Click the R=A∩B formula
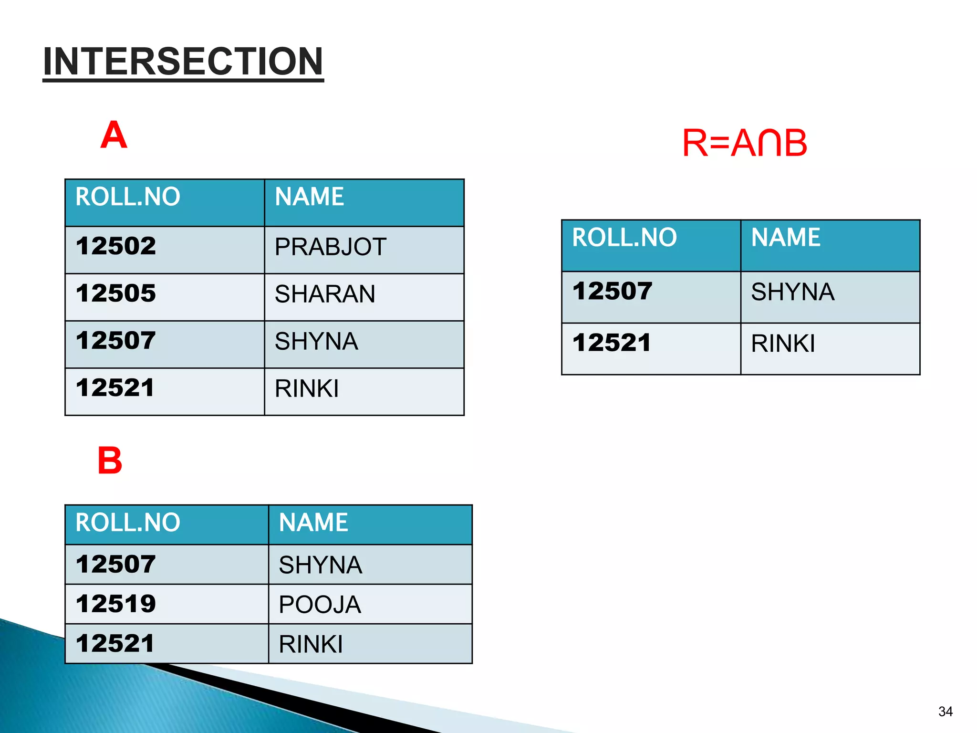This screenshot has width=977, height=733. point(744,143)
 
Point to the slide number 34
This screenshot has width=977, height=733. point(945,712)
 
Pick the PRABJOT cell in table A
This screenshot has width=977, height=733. point(330,247)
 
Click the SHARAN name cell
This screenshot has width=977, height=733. point(325,294)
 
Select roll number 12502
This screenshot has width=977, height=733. point(116,246)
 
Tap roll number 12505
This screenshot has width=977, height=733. point(116,293)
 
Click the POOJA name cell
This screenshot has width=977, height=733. point(320,605)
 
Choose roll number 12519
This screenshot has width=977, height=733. point(116,604)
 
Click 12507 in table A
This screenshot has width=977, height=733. point(116,340)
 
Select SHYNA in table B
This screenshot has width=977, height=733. point(320,565)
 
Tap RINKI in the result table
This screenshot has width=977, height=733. point(783,344)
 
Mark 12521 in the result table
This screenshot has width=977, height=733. point(612,343)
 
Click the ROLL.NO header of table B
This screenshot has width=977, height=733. point(128,523)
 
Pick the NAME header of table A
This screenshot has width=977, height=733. point(309,197)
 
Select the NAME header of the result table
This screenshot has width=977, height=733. point(786,237)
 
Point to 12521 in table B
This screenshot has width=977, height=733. point(115,643)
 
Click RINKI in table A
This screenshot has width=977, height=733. point(307,388)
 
